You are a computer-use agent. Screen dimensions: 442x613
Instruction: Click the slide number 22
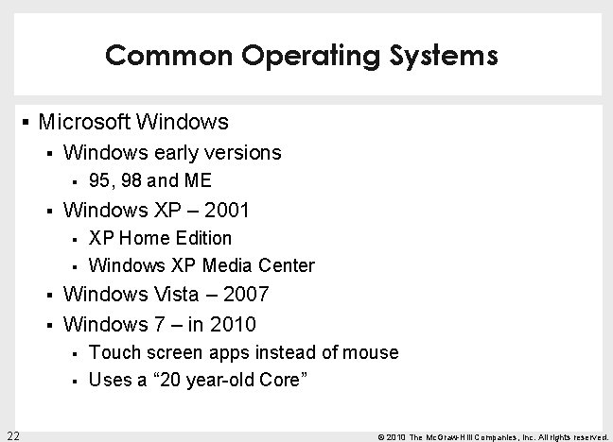[x=12, y=434]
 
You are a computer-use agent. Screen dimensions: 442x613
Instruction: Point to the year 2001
[x=232, y=209]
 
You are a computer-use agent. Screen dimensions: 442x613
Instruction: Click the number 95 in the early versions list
[x=98, y=180]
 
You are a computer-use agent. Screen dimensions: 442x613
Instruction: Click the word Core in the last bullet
[x=287, y=381]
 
